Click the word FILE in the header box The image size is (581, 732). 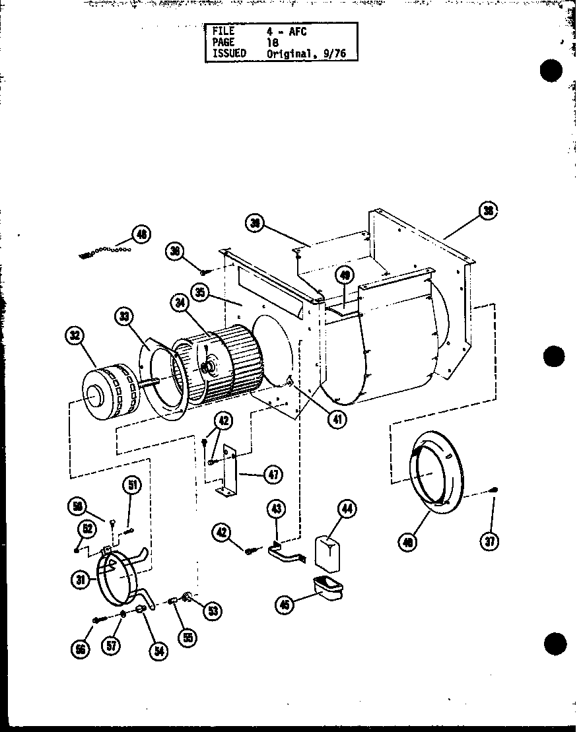[x=224, y=31]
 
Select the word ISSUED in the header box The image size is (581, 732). [x=229, y=53]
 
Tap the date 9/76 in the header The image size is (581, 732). [x=335, y=53]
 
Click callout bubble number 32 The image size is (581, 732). [x=75, y=336]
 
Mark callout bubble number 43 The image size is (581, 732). [x=277, y=509]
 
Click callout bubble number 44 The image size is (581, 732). [x=347, y=508]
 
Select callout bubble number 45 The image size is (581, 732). [x=285, y=605]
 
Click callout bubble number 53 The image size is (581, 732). [x=213, y=611]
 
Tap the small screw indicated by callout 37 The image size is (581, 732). [x=494, y=489]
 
